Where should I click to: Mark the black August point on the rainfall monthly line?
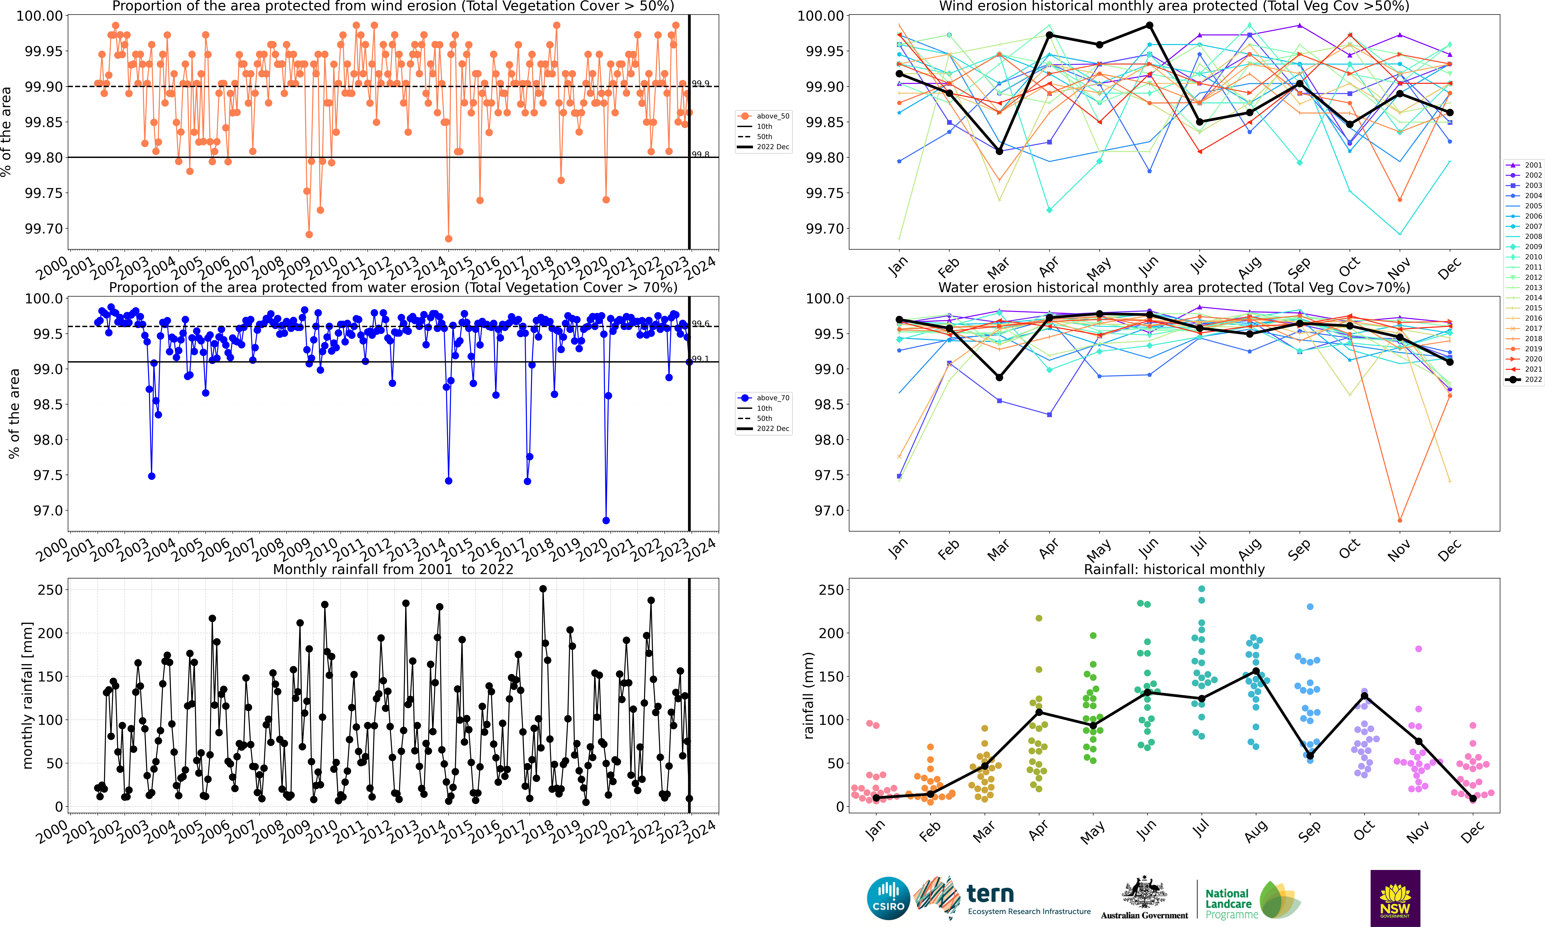(x=1256, y=672)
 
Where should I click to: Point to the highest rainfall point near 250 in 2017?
(x=543, y=589)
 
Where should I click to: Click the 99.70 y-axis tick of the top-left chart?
(x=44, y=229)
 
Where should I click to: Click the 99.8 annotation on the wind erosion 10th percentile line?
(x=700, y=154)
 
